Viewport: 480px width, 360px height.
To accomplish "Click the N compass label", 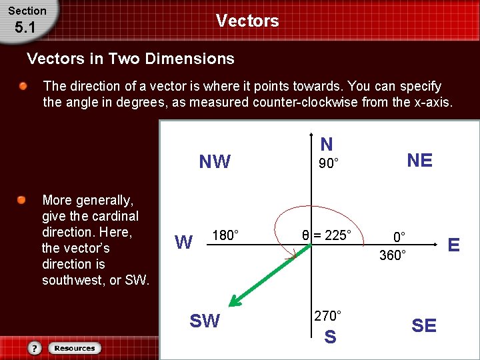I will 326,144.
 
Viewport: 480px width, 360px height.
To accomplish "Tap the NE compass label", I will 419,160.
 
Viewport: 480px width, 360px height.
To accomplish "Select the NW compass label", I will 215,162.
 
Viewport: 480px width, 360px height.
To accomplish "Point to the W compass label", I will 183,241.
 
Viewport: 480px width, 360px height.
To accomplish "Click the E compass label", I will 453,245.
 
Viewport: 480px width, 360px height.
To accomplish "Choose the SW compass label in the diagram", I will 205,321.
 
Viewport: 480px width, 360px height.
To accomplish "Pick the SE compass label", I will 424,325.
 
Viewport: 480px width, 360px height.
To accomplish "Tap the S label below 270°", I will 329,337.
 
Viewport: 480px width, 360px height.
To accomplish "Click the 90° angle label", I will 327,164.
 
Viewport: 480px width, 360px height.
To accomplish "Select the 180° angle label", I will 225,235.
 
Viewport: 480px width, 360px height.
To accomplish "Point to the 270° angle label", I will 327,315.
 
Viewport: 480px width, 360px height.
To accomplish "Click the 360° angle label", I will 393,255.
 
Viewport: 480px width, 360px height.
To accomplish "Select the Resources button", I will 75,348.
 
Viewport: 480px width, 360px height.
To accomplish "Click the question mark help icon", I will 35,348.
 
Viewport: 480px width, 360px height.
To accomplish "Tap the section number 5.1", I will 24,27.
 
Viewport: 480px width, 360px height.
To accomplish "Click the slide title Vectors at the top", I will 247,21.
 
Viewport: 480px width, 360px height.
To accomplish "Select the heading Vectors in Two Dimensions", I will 131,59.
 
